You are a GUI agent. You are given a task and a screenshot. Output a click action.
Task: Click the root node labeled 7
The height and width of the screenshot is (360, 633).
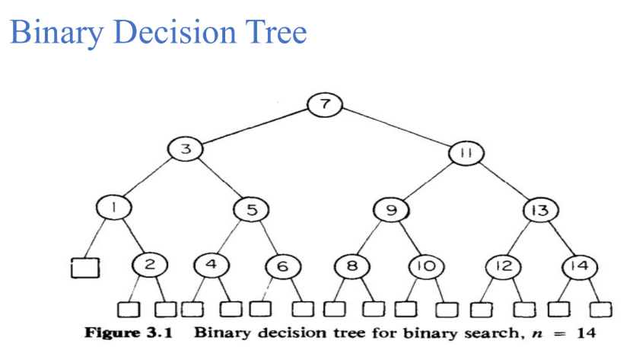click(325, 105)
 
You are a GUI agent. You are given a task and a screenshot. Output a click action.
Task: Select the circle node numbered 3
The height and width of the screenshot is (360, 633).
click(183, 150)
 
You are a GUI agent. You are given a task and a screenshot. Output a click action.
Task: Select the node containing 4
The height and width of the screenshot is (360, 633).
click(212, 264)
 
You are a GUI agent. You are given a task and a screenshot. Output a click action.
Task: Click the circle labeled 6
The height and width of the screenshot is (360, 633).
click(281, 266)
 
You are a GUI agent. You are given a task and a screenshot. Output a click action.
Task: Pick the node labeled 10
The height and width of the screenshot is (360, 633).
click(423, 266)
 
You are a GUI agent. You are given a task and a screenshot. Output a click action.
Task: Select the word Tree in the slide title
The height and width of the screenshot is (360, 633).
click(269, 33)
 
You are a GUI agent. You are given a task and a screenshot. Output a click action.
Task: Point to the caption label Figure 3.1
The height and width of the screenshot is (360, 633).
click(119, 333)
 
